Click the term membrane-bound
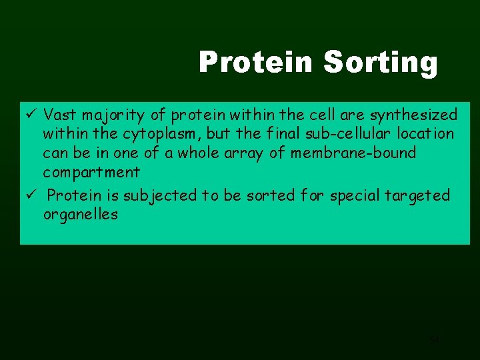[361, 153]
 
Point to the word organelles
[80, 215]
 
